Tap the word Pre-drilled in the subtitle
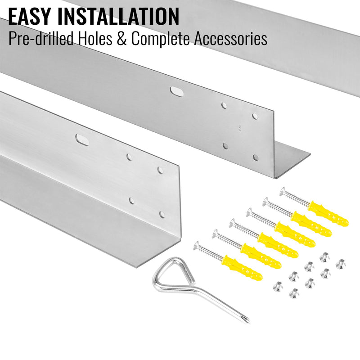40,38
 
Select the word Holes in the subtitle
95,38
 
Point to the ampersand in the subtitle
121,39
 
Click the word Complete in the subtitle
161,39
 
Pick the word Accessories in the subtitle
230,39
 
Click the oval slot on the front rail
82,140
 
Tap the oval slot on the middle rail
176,91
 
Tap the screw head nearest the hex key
197,245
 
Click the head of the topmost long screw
283,191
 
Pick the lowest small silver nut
294,293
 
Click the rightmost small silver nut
341,264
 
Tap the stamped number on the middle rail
240,128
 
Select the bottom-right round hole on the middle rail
256,157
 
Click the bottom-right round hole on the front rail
162,215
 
